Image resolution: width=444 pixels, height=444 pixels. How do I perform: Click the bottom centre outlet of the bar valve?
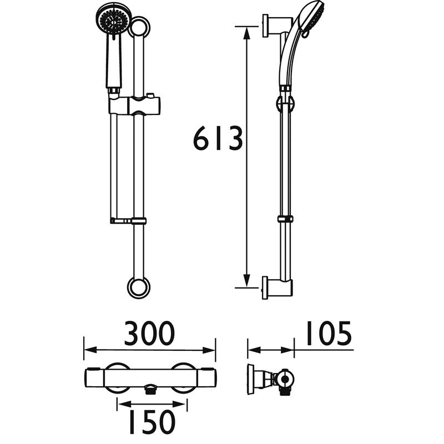149,390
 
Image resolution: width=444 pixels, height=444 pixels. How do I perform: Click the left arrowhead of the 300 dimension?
88,350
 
